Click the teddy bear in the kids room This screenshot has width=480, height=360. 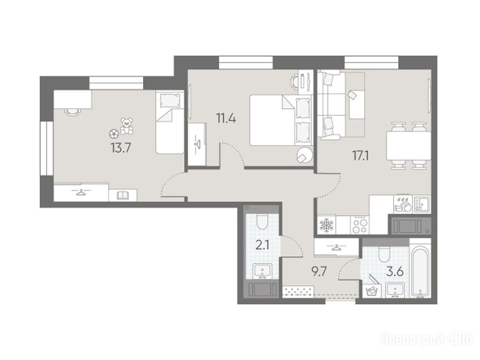pyautogui.click(x=126, y=126)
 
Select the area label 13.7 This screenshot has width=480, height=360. pyautogui.click(x=121, y=149)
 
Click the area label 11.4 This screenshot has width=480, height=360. pyautogui.click(x=226, y=118)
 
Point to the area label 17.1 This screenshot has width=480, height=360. pyautogui.click(x=360, y=157)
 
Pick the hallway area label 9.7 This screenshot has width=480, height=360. pyautogui.click(x=319, y=271)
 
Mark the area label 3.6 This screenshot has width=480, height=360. pyautogui.click(x=394, y=271)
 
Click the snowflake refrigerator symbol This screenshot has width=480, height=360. pyautogui.click(x=326, y=225)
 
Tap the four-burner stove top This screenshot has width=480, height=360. pyautogui.click(x=360, y=225)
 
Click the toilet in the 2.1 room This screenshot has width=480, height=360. pyautogui.click(x=262, y=221)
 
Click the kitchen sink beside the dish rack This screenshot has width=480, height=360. pyautogui.click(x=422, y=205)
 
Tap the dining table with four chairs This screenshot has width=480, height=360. pyautogui.click(x=408, y=145)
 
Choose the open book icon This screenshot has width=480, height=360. pyautogui.click(x=123, y=195)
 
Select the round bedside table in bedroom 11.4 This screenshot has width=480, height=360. pyautogui.click(x=304, y=155)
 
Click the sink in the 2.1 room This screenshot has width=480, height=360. pyautogui.click(x=262, y=271)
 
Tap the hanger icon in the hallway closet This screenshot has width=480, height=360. pyautogui.click(x=337, y=247)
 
